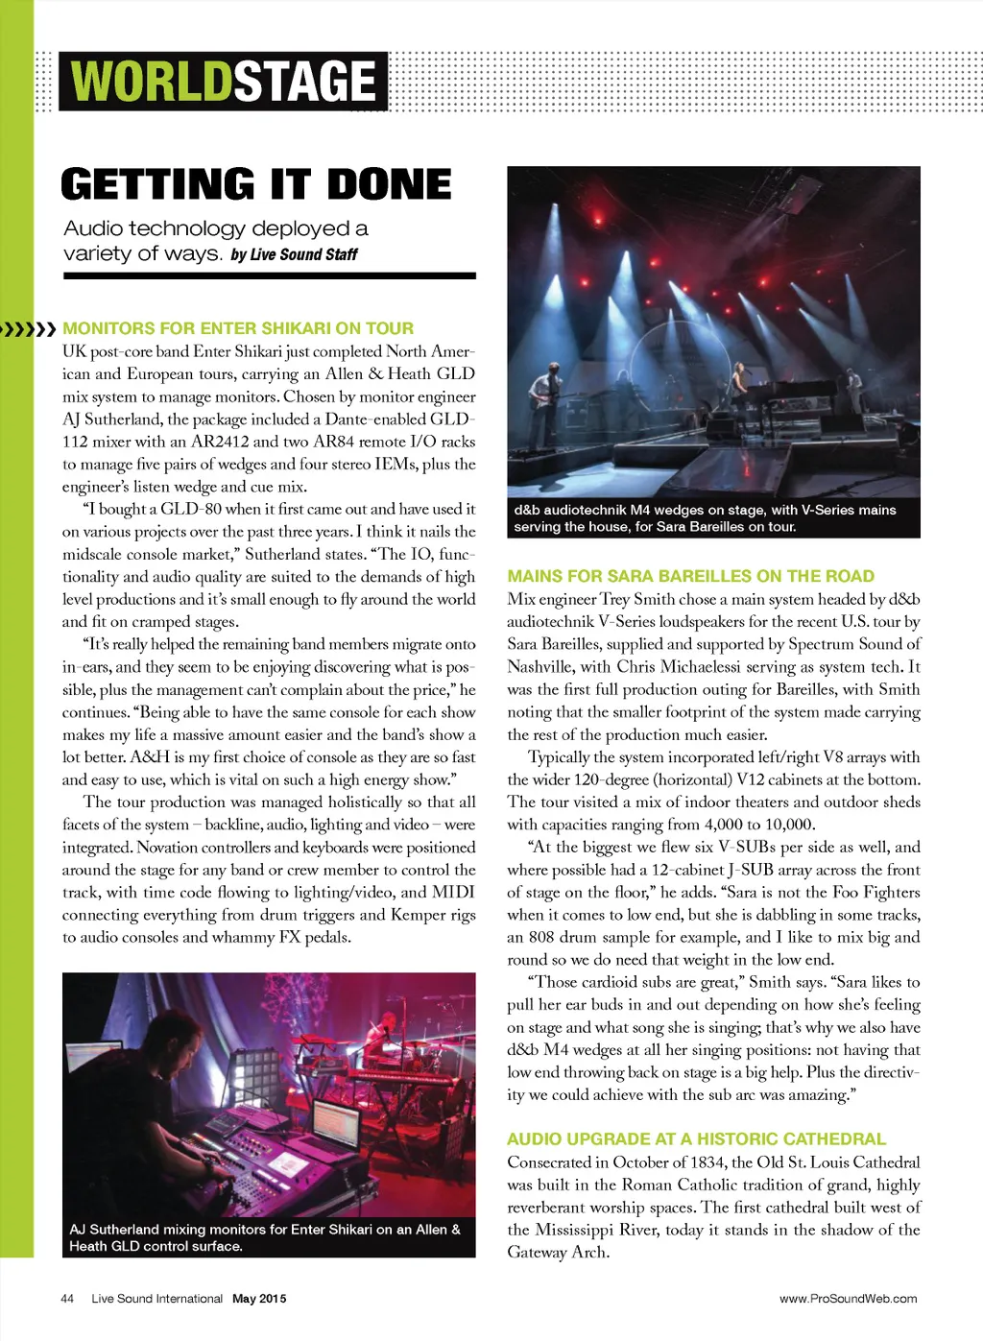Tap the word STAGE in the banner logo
[x=304, y=82]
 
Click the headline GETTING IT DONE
[x=255, y=184]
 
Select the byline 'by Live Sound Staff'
[x=294, y=254]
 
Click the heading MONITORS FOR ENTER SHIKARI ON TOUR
[x=238, y=328]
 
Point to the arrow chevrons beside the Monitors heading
[x=29, y=329]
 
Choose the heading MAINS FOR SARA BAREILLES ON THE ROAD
[x=690, y=576]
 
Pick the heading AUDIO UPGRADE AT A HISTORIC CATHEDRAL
[x=696, y=1139]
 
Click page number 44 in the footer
[x=67, y=1299]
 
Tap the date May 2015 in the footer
[x=259, y=1299]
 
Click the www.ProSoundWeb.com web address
[x=848, y=1299]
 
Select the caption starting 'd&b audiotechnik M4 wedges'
[x=705, y=518]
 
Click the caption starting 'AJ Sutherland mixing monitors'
[x=265, y=1237]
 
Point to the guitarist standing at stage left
[x=545, y=384]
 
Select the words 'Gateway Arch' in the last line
[x=558, y=1253]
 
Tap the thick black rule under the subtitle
[x=270, y=276]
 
